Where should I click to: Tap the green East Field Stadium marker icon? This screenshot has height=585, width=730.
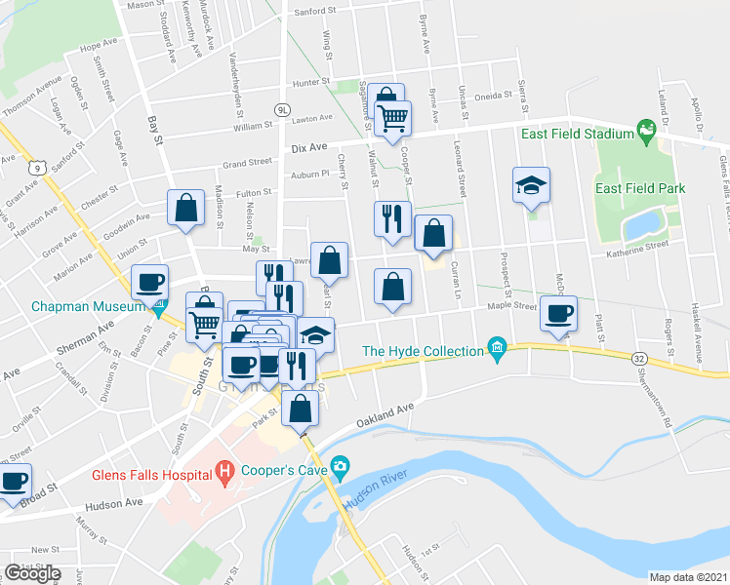(645, 129)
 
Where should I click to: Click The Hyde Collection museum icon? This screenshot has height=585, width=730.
(497, 348)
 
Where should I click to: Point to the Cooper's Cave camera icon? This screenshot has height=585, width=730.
(339, 465)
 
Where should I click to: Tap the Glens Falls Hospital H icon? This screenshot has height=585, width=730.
(224, 475)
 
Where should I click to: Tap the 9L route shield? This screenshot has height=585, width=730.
(282, 110)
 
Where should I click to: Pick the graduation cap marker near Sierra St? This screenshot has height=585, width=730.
(531, 185)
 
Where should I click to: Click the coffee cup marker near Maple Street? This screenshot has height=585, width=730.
(559, 314)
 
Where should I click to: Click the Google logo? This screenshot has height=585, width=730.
(32, 572)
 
